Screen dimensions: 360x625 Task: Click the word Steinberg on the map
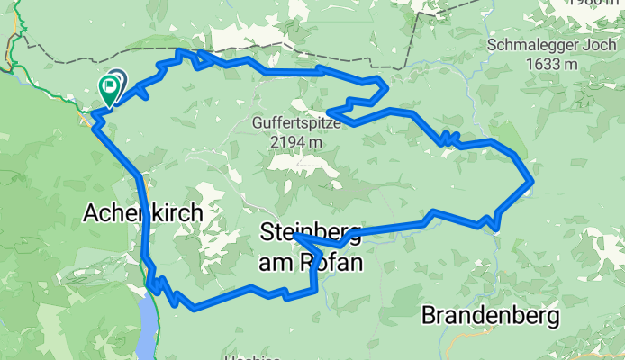[x=311, y=232]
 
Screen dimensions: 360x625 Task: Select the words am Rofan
[x=311, y=263]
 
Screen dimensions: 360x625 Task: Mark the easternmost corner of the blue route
[x=532, y=184]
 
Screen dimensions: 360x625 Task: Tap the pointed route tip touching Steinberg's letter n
[x=295, y=236]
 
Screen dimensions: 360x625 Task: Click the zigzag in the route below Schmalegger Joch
[x=448, y=139]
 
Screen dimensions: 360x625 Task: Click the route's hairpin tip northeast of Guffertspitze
[x=385, y=87]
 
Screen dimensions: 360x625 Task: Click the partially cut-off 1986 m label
[x=595, y=3]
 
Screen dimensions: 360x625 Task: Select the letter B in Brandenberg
[x=430, y=317]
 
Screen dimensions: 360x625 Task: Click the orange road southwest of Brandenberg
[x=468, y=346]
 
